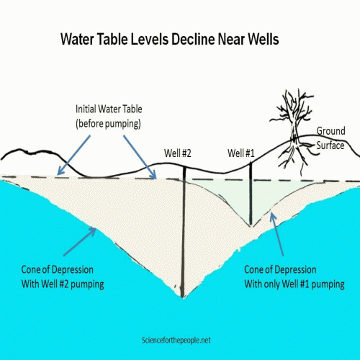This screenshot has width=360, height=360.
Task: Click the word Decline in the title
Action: pyautogui.click(x=193, y=39)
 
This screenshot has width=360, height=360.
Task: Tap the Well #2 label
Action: pyautogui.click(x=178, y=153)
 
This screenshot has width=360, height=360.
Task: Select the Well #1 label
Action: pyautogui.click(x=241, y=153)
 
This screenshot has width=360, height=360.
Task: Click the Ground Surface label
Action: pyautogui.click(x=330, y=138)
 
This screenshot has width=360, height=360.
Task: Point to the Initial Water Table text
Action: pyautogui.click(x=109, y=109)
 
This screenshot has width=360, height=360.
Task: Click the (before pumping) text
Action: pyautogui.click(x=108, y=124)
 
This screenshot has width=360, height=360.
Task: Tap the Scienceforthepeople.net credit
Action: pyautogui.click(x=176, y=340)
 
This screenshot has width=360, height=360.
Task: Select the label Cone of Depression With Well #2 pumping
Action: pyautogui.click(x=63, y=276)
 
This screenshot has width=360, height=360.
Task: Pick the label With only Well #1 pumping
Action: pyautogui.click(x=294, y=284)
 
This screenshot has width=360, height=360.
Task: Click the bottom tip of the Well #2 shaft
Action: pyautogui.click(x=183, y=297)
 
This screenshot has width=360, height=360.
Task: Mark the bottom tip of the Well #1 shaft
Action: pyautogui.click(x=251, y=225)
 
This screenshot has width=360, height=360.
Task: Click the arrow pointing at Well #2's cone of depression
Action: pyautogui.click(x=80, y=241)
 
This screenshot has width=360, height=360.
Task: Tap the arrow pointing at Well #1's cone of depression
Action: pyautogui.click(x=276, y=234)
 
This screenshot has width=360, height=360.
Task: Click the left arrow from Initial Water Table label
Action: pyautogui.click(x=74, y=155)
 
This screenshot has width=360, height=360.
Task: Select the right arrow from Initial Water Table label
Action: pyautogui.click(x=140, y=157)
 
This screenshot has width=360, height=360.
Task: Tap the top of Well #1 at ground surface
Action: pyautogui.click(x=251, y=163)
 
